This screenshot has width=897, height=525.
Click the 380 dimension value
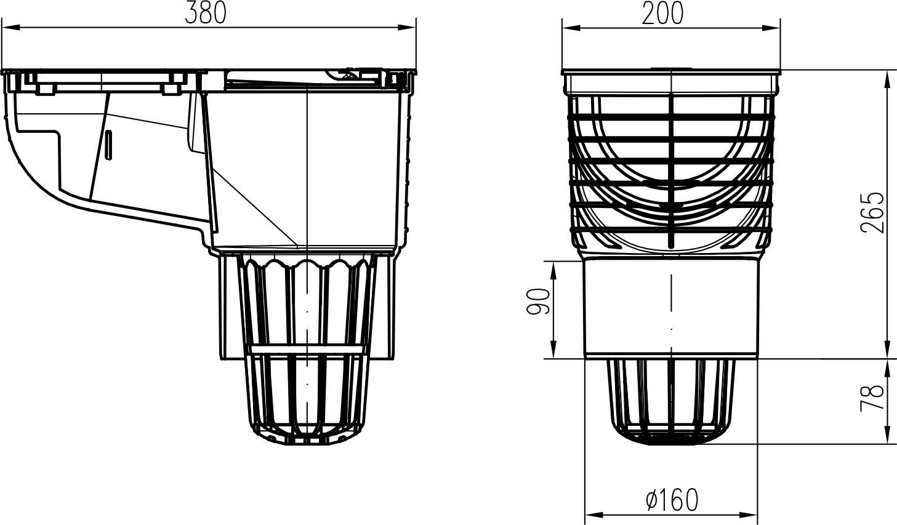pyautogui.click(x=206, y=14)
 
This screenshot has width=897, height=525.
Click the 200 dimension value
pyautogui.click(x=662, y=14)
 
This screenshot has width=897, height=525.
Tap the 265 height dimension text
pyautogui.click(x=872, y=212)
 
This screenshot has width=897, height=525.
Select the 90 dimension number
pyautogui.click(x=538, y=301)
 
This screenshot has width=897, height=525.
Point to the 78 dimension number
pyautogui.click(x=872, y=398)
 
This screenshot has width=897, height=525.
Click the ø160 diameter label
pyautogui.click(x=672, y=500)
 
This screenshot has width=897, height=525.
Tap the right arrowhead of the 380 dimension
pyautogui.click(x=407, y=28)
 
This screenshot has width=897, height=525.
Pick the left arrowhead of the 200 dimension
pyautogui.click(x=571, y=28)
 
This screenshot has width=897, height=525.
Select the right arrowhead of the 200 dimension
pyautogui.click(x=771, y=28)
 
